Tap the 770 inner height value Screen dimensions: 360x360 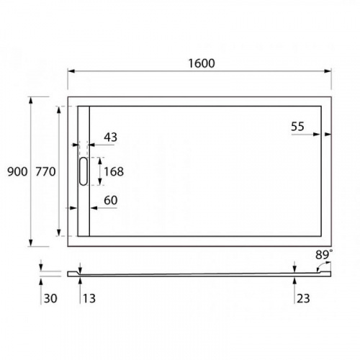tap(45, 171)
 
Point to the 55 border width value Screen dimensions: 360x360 tap(298, 126)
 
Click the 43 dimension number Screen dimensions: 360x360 tap(110, 137)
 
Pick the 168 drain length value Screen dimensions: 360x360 tap(113, 171)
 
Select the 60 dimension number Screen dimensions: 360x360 tap(110, 199)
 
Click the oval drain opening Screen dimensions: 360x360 tap(83, 171)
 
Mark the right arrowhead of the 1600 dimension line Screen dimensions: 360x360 tap(328, 71)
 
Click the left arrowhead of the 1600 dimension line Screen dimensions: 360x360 tap(71, 71)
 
